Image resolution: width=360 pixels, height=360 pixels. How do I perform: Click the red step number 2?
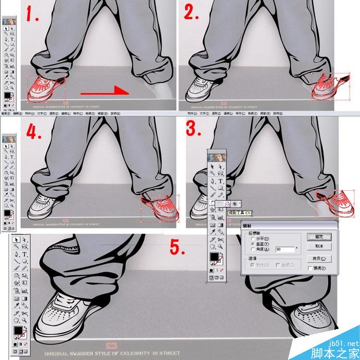tap(192, 14)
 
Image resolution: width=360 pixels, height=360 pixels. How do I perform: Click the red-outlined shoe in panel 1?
tap(45, 87)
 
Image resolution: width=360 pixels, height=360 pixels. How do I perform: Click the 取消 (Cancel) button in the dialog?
tap(319, 246)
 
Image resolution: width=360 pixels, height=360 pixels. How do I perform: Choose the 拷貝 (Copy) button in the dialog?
tap(319, 259)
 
